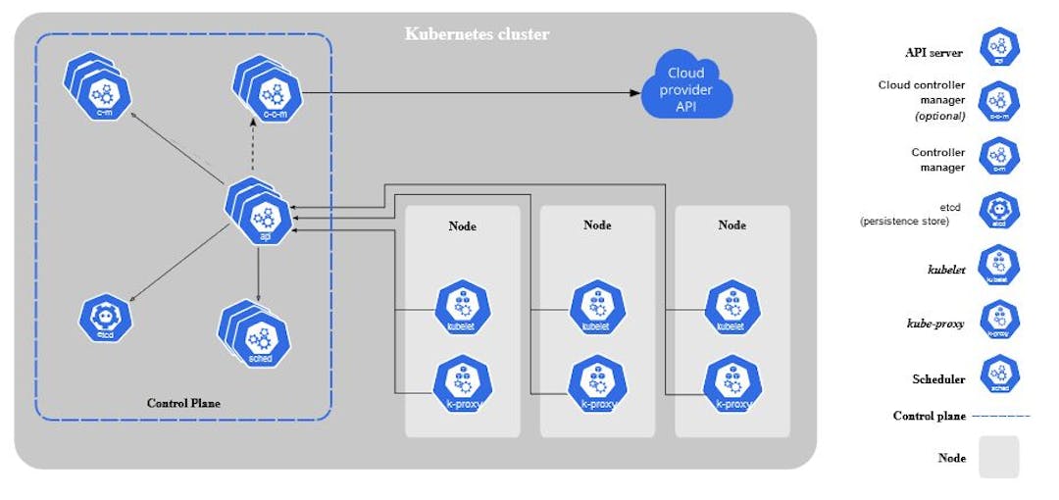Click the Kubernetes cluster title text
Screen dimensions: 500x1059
[478, 34]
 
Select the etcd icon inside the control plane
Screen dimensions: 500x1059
[106, 318]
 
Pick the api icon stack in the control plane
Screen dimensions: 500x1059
[262, 214]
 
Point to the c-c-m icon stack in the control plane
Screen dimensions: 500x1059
[271, 93]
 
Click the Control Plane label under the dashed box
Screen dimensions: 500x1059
[183, 403]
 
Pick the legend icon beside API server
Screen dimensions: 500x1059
[999, 47]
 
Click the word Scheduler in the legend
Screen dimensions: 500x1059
[938, 379]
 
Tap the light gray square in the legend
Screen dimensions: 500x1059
[999, 457]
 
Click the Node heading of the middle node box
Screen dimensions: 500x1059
[597, 225]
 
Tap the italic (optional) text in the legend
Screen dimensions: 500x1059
[940, 116]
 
